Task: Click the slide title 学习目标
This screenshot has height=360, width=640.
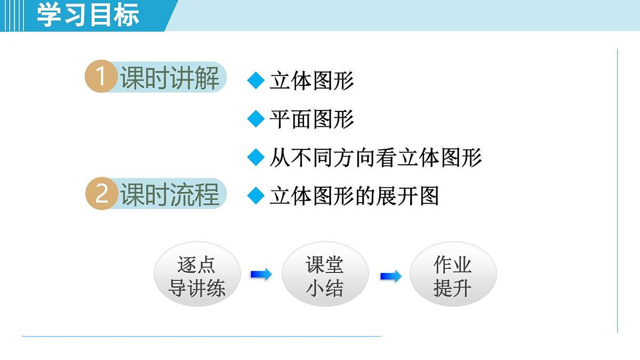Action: (x=88, y=15)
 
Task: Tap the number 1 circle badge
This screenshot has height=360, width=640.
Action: (x=101, y=77)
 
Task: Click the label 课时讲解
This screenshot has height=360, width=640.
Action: (x=170, y=78)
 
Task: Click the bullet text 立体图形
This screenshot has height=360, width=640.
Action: (x=311, y=81)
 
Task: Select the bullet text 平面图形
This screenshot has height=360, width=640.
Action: (x=311, y=119)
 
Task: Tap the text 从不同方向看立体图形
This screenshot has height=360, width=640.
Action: (x=375, y=158)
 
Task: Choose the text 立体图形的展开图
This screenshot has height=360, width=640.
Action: (x=354, y=196)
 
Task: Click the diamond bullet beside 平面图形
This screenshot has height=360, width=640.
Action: (x=256, y=119)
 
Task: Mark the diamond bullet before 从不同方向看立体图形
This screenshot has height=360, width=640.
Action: (x=256, y=157)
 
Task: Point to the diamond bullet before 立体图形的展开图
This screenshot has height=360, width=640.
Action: (x=256, y=196)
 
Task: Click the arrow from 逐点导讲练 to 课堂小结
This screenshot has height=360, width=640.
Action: (x=261, y=275)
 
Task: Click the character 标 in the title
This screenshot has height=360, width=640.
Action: (x=127, y=15)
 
